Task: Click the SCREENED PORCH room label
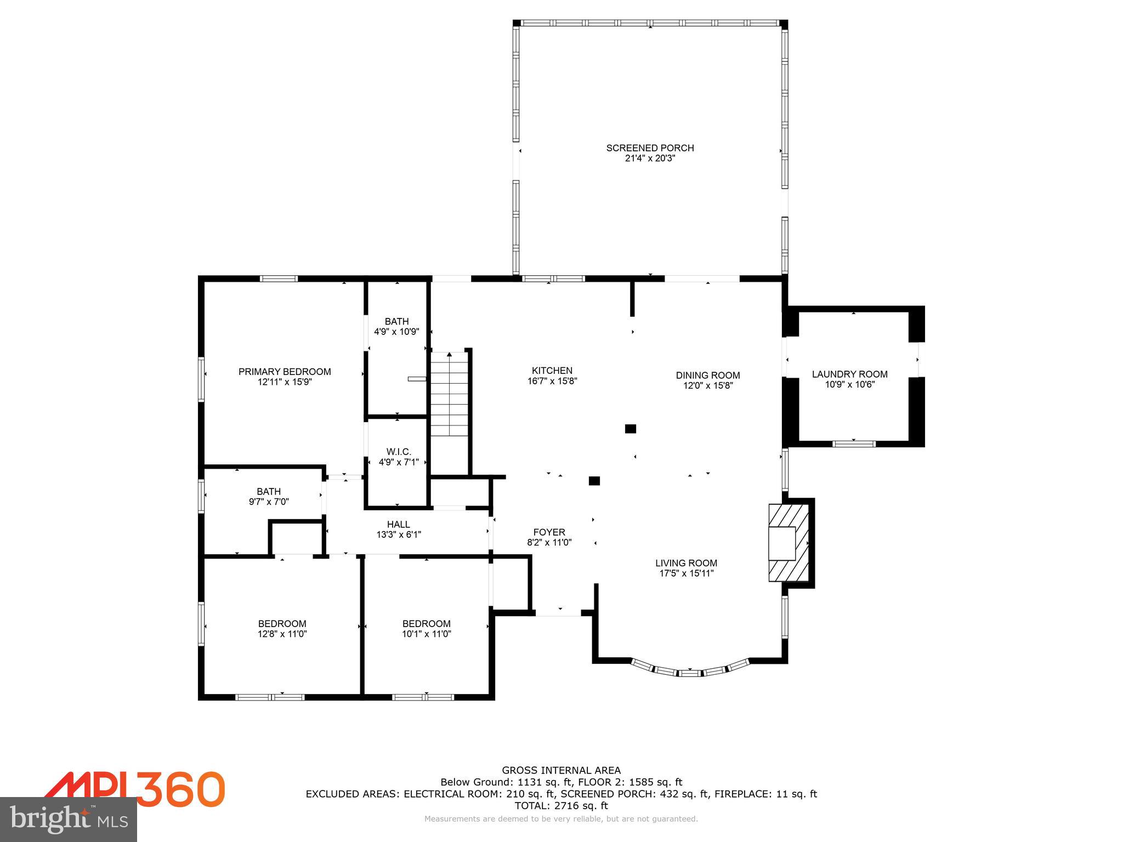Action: coord(650,148)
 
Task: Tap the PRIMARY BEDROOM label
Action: coord(285,372)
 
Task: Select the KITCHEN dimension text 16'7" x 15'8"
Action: coord(552,381)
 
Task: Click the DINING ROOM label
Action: coord(707,376)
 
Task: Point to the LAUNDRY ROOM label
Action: coord(849,374)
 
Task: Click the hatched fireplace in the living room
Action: coord(789,543)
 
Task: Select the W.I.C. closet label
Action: coord(399,452)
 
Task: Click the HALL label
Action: coord(399,525)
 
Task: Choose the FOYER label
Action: coord(549,532)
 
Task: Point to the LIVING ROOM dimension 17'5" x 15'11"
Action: coord(686,573)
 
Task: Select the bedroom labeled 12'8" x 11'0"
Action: coord(282,629)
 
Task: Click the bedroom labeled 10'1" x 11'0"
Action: coord(426,629)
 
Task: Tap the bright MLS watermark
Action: coord(69,820)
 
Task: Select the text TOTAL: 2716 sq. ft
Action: coord(561,806)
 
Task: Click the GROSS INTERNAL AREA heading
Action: coord(561,770)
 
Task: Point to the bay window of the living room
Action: coord(690,672)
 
